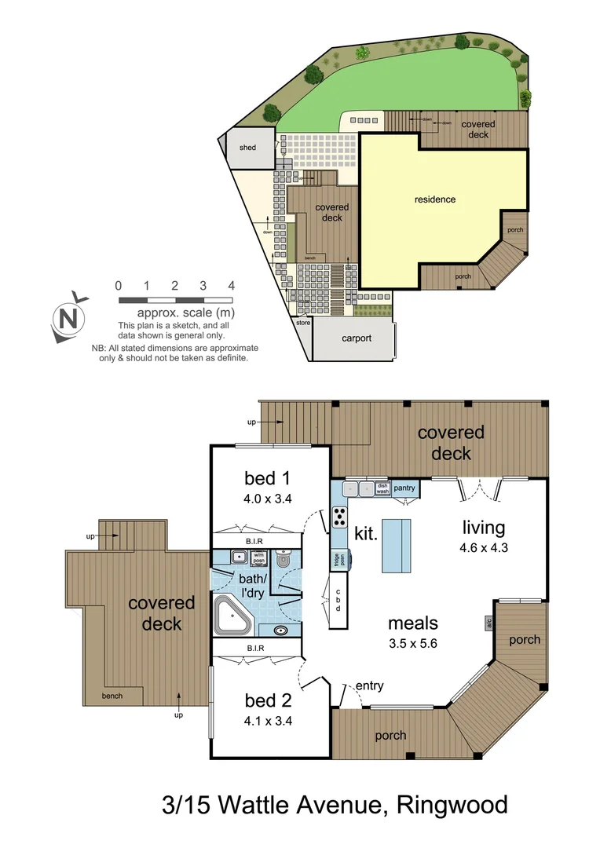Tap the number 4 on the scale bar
coord(232,285)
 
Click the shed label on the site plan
coord(247,148)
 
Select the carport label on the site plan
coord(356,338)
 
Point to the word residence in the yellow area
coord(435,199)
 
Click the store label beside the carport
coord(303,323)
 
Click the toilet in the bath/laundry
coord(284,561)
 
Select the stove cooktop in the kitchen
coord(340,517)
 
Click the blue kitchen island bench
coord(396,545)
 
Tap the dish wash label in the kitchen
coord(382,488)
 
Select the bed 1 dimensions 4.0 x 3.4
coord(269,499)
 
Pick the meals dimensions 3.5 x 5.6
coord(412,642)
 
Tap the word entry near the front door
coord(369,685)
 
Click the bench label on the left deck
coord(112,696)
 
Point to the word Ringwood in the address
coord(452,805)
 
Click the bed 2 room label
coord(267,700)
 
